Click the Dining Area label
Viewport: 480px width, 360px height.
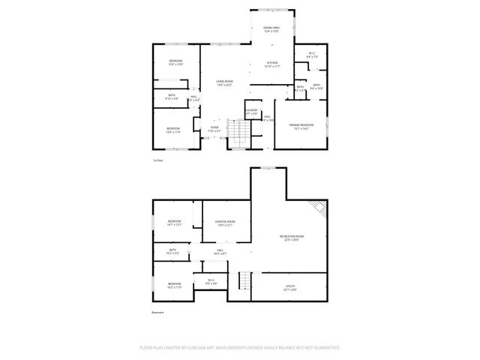pyautogui.click(x=271, y=29)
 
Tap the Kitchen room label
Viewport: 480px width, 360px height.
pyautogui.click(x=271, y=65)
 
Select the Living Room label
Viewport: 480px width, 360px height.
pyautogui.click(x=224, y=83)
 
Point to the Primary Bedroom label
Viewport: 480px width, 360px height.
pyautogui.click(x=301, y=126)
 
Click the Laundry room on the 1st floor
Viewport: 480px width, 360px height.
pyautogui.click(x=251, y=112)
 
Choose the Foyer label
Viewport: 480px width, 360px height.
pyautogui.click(x=214, y=129)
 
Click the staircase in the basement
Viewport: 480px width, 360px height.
pyautogui.click(x=243, y=282)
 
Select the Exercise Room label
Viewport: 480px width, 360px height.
pyautogui.click(x=225, y=223)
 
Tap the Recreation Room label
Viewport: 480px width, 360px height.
pyautogui.click(x=292, y=238)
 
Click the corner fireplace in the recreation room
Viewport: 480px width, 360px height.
pyautogui.click(x=319, y=208)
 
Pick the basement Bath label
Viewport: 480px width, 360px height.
pyautogui.click(x=172, y=251)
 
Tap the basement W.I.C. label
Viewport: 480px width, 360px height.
pyautogui.click(x=211, y=282)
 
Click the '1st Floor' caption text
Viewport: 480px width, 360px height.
pyautogui.click(x=157, y=160)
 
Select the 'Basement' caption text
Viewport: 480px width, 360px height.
pyautogui.click(x=157, y=312)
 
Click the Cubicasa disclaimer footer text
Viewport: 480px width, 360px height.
pyautogui.click(x=240, y=348)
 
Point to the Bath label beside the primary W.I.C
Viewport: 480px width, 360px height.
pyautogui.click(x=316, y=86)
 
